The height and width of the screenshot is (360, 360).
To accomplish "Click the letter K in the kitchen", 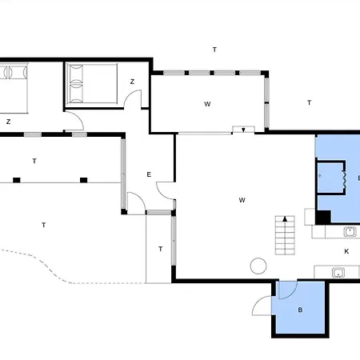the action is [346, 251].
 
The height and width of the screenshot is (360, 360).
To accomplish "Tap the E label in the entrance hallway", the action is [149, 174].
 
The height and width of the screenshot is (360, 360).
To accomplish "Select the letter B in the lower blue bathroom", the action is [300, 310].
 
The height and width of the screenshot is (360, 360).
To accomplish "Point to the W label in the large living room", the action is [242, 200].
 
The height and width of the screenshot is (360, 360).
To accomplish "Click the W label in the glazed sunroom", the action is [207, 104].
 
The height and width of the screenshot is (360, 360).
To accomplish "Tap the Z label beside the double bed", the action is [132, 82].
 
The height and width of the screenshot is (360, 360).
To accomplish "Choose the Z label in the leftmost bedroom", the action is [8, 122].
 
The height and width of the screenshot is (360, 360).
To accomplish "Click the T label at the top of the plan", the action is [214, 50].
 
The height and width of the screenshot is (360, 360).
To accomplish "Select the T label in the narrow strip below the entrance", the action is [161, 249].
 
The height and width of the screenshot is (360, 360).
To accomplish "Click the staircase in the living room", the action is [285, 235].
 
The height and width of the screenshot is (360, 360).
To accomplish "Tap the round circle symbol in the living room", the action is [258, 266].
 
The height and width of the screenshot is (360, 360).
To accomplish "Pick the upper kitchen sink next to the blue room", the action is [350, 232].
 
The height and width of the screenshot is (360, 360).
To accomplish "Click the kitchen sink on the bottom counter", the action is [338, 273].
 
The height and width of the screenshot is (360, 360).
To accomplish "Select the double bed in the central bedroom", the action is [92, 83].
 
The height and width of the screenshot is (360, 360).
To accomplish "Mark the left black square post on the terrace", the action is [17, 180].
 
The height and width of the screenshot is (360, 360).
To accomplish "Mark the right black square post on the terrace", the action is [84, 180].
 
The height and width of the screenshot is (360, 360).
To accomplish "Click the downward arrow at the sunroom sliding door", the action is [243, 130].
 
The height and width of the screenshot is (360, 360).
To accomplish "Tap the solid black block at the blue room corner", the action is [323, 217].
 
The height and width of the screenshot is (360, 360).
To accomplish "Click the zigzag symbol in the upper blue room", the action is [345, 178].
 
